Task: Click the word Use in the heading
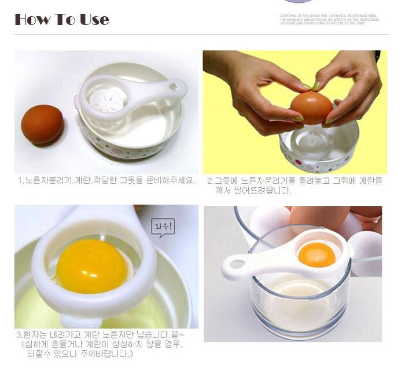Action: [94, 19]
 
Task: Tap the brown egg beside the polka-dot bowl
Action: [42, 125]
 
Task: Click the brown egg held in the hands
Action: [312, 108]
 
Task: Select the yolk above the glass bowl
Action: [317, 255]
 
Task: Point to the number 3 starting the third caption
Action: [19, 335]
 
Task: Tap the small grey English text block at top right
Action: [329, 19]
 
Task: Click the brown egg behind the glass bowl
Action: [301, 217]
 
